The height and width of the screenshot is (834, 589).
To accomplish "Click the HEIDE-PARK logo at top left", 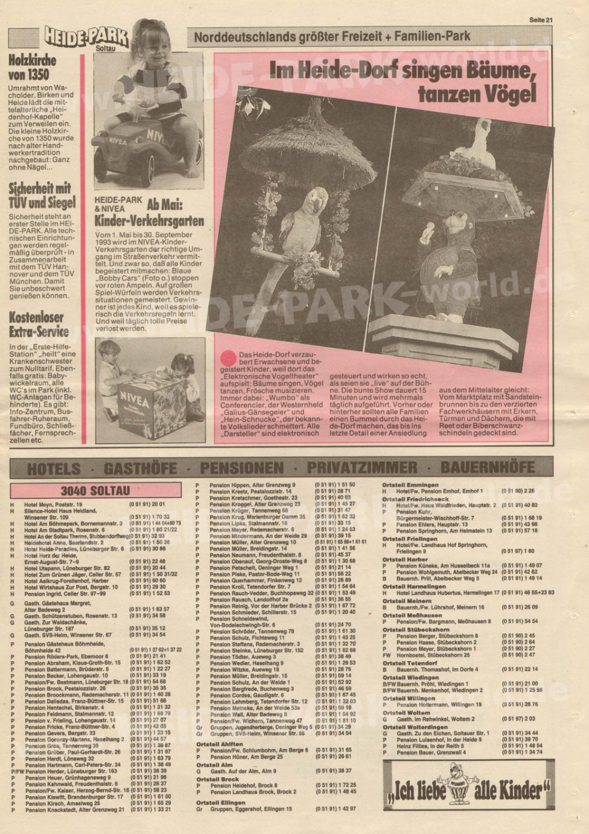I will [86, 39].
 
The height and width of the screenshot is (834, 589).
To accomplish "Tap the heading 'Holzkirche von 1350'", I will [29, 67].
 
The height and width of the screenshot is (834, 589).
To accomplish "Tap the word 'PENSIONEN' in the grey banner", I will [242, 468].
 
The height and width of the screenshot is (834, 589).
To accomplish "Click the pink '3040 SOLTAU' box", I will [96, 491].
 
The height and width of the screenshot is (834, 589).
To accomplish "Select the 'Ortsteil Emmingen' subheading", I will [410, 485].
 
